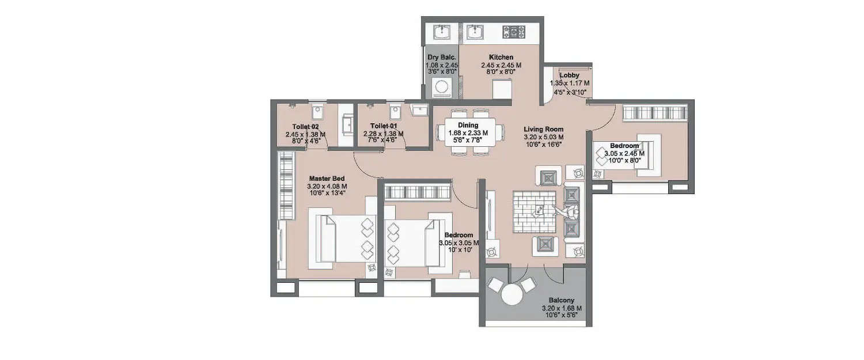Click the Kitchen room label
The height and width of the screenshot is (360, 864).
click(501, 58)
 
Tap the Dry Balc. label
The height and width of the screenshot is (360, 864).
click(442, 58)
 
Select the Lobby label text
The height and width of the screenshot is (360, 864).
click(569, 75)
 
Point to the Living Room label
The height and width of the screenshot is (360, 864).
click(543, 130)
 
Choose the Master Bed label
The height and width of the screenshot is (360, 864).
click(327, 179)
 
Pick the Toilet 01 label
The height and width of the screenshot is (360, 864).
click(383, 126)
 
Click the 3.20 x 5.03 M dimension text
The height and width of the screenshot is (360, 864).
click(543, 137)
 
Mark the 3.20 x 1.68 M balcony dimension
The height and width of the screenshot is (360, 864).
click(562, 309)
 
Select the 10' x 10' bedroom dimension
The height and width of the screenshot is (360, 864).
click(458, 251)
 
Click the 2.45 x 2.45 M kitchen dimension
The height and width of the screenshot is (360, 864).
click(501, 65)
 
